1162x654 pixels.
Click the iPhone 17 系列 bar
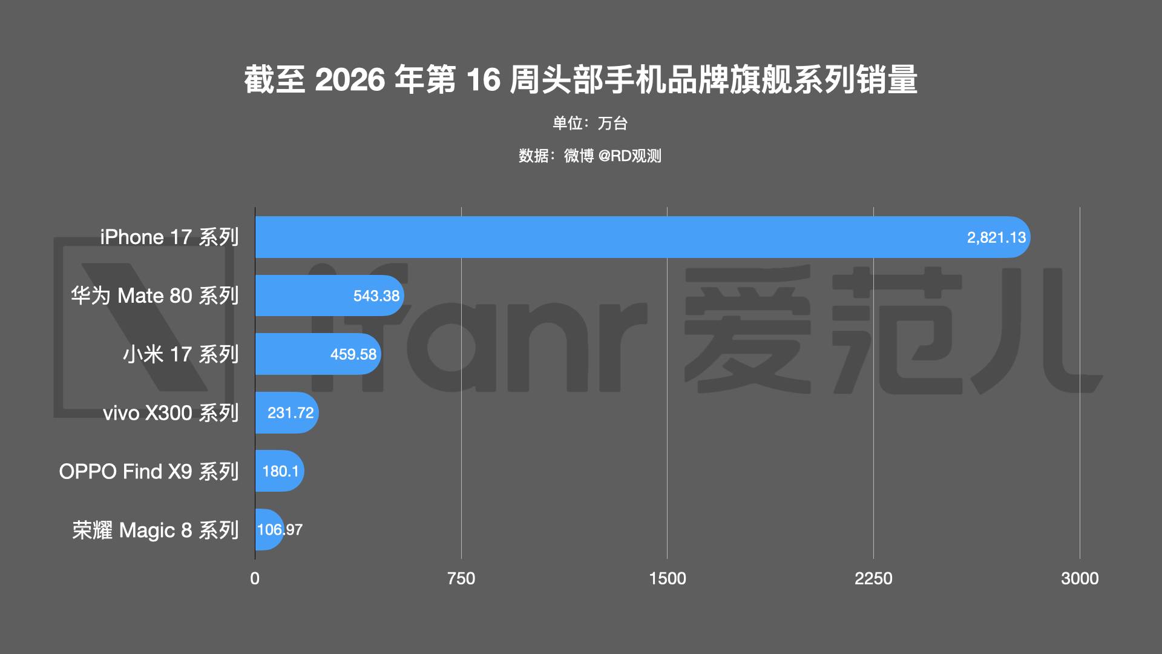pyautogui.click(x=642, y=237)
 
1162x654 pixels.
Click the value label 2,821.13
pyautogui.click(x=996, y=237)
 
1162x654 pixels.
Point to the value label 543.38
pyautogui.click(x=376, y=296)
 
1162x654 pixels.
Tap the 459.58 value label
pyautogui.click(x=353, y=354)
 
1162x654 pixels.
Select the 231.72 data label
pyautogui.click(x=290, y=413)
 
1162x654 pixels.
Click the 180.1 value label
pyautogui.click(x=280, y=471)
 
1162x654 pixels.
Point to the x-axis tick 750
pyautogui.click(x=461, y=579)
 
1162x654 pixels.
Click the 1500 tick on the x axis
pyautogui.click(x=667, y=579)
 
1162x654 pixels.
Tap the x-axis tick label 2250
pyautogui.click(x=873, y=579)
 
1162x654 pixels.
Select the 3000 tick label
pyautogui.click(x=1080, y=579)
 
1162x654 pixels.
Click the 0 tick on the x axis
pyautogui.click(x=255, y=579)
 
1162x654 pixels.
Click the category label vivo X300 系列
pyautogui.click(x=171, y=413)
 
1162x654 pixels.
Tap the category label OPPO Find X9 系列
pyautogui.click(x=149, y=471)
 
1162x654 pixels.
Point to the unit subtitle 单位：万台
pyautogui.click(x=589, y=124)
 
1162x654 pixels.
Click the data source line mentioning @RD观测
pyautogui.click(x=589, y=156)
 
